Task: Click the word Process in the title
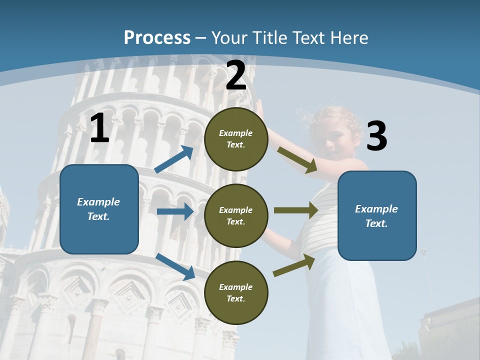click(157, 37)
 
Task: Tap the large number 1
click(99, 128)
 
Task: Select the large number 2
click(236, 75)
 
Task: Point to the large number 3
click(377, 136)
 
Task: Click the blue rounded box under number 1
click(99, 209)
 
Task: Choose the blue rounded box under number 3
click(377, 215)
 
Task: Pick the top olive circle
click(236, 139)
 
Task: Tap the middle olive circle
click(236, 215)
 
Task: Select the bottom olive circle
click(236, 292)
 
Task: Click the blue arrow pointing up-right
click(174, 159)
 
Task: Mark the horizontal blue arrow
click(175, 211)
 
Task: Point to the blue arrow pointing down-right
click(175, 266)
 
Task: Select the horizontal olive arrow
click(295, 210)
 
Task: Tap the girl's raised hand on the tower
click(260, 111)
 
